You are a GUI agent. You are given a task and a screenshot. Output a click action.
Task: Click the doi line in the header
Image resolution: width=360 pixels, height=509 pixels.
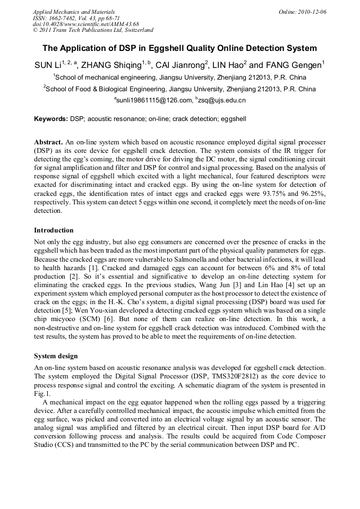coord(85,24)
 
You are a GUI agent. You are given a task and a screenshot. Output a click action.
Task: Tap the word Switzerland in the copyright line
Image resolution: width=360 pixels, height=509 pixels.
coord(134,31)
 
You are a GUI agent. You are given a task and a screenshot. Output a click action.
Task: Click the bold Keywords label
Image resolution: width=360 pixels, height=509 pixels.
coord(51,119)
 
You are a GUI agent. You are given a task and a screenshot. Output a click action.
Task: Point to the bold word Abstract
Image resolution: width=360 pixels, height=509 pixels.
coord(48,143)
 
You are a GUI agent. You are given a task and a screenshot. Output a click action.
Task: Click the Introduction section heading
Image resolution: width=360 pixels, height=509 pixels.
coord(54,230)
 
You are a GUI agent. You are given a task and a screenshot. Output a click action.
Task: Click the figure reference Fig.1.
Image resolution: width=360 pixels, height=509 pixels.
coord(42,394)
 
